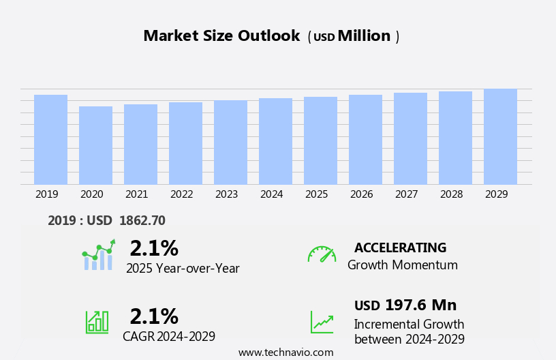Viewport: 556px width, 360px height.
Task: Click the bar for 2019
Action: pos(50,140)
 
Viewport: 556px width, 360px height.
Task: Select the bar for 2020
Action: pos(95,145)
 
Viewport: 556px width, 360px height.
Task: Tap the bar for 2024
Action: pos(275,141)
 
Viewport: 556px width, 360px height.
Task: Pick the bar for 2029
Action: pos(500,136)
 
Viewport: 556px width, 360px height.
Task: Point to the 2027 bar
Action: pos(410,138)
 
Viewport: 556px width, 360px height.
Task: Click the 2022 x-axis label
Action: pos(181,194)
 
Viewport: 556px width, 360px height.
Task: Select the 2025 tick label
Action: pos(316,194)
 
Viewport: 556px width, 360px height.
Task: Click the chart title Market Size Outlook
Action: pos(221,36)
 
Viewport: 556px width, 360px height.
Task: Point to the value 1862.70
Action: pos(142,220)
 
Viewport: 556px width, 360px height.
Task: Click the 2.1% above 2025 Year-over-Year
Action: pos(154,248)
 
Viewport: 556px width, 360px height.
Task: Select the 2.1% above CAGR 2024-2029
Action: pos(154,316)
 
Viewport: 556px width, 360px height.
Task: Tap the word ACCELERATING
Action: pos(400,247)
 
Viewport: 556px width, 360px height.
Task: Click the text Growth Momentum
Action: pos(402,265)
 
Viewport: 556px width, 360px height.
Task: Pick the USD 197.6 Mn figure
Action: pos(405,305)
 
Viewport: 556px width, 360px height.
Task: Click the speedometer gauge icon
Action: pos(322,254)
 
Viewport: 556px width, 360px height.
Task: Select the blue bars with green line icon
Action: pos(98,255)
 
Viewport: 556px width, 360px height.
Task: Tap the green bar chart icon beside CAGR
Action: pos(97,321)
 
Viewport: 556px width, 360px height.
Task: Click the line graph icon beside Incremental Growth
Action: pos(322,322)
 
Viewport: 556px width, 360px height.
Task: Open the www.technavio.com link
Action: pos(285,352)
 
